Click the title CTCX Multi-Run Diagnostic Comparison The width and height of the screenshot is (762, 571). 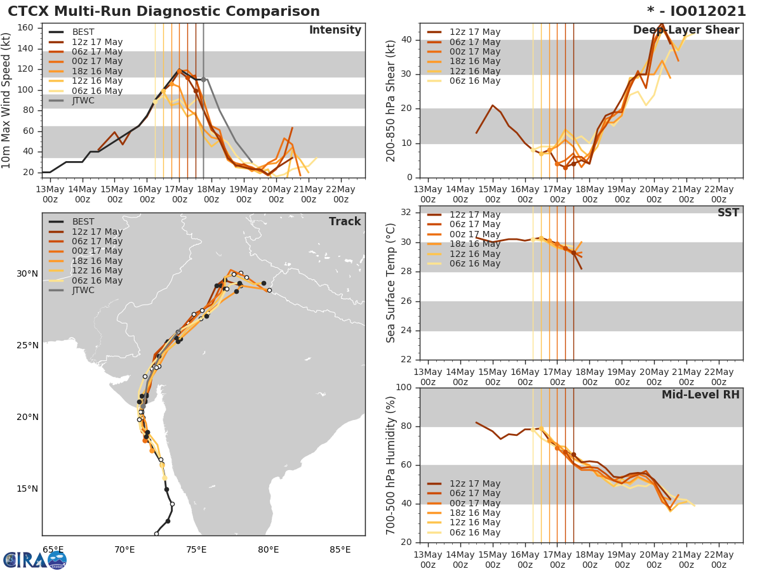(164, 11)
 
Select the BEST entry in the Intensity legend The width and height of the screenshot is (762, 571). (83, 32)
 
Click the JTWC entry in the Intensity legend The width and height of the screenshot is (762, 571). (83, 101)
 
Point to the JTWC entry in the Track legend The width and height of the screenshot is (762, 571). (83, 291)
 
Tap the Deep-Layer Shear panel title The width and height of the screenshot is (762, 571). (686, 30)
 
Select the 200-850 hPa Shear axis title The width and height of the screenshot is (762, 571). (392, 100)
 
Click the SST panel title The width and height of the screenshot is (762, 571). (728, 213)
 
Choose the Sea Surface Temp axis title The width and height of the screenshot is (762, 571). (392, 283)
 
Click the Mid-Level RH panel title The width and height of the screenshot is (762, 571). (700, 395)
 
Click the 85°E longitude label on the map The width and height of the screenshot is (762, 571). (340, 549)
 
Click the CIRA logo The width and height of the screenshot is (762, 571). (34, 560)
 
